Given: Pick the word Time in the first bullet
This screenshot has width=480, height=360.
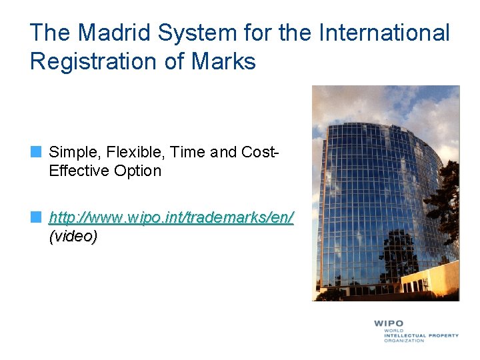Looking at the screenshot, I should [x=187, y=152].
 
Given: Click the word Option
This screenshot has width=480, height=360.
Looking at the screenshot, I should [x=137, y=171].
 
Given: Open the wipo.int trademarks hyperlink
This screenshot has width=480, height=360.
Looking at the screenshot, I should [x=171, y=217].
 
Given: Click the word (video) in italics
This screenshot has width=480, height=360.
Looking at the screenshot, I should [x=73, y=236].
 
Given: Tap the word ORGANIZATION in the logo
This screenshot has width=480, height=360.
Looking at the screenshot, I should [x=403, y=341].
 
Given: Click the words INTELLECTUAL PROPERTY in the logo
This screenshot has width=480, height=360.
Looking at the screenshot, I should [x=421, y=335].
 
